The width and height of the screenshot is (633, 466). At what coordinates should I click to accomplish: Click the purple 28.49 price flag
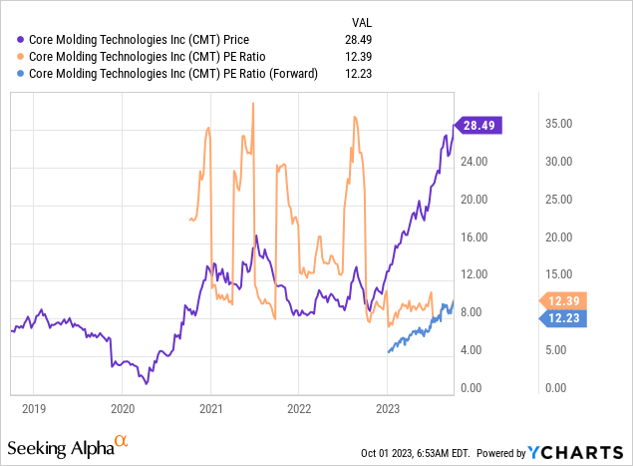coord(480,126)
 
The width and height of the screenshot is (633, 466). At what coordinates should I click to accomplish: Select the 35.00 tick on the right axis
coord(558,124)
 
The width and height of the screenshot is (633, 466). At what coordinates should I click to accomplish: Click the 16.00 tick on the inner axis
coord(475,237)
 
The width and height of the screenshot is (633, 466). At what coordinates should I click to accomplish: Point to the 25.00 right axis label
coord(558,200)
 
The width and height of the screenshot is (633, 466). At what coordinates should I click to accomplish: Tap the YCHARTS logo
coord(576,451)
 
